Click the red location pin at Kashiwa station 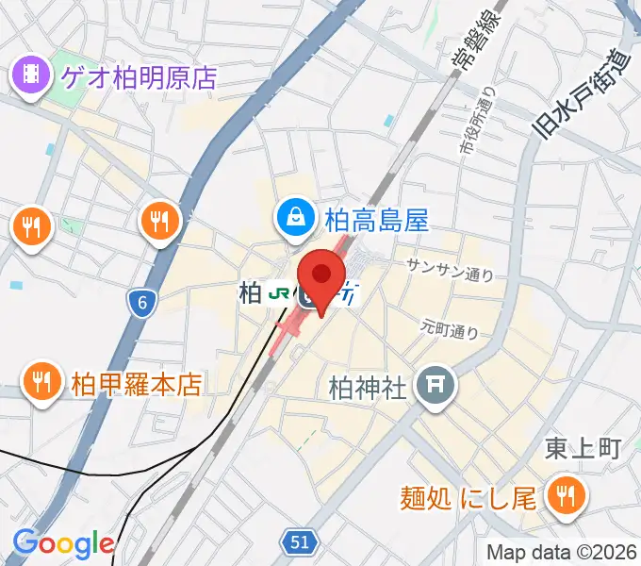pyautogui.click(x=322, y=276)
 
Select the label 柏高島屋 pyautogui.click(x=376, y=221)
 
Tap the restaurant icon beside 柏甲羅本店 pyautogui.click(x=41, y=381)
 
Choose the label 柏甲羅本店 pyautogui.click(x=137, y=384)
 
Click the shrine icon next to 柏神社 pyautogui.click(x=436, y=385)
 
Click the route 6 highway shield pyautogui.click(x=141, y=302)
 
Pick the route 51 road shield pyautogui.click(x=300, y=541)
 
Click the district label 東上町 pyautogui.click(x=582, y=449)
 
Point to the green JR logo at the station pyautogui.click(x=279, y=293)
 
